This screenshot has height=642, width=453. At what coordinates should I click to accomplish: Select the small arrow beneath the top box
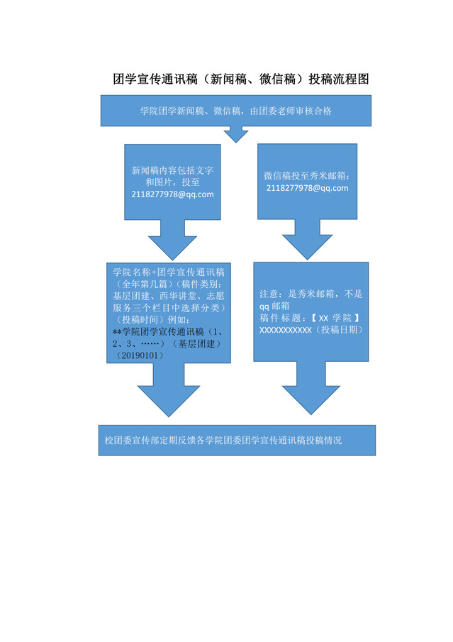tap(235, 133)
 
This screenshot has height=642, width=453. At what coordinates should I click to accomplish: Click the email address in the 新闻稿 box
tap(172, 194)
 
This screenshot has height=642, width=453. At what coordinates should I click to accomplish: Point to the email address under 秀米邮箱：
tap(308, 188)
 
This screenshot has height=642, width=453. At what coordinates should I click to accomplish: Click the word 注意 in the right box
tap(270, 293)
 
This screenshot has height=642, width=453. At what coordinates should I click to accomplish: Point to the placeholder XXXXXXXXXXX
tap(286, 331)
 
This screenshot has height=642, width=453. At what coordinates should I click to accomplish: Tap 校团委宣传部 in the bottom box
tap(129, 441)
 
